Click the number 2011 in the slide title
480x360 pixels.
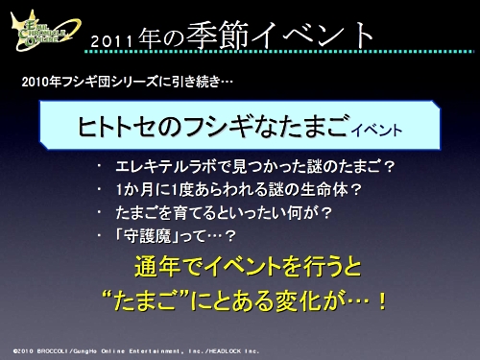[121, 40]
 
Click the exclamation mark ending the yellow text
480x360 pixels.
[381, 301]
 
